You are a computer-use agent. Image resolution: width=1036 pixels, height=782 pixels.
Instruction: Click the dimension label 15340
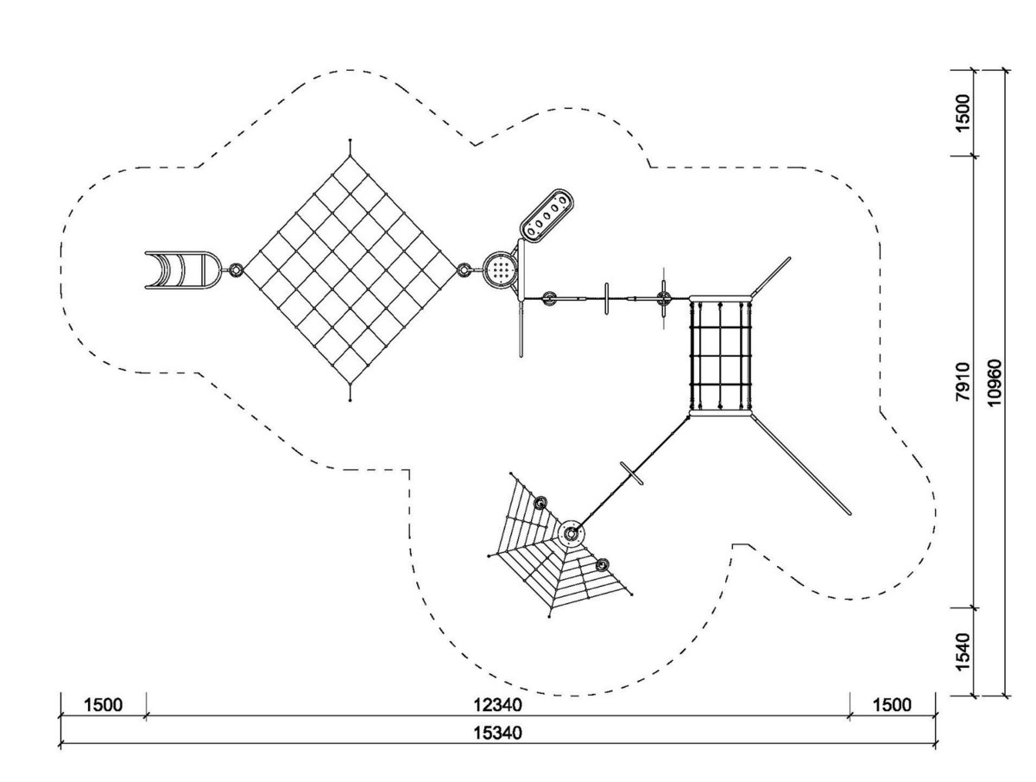click(498, 733)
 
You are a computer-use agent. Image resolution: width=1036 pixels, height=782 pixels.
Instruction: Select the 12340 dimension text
click(498, 705)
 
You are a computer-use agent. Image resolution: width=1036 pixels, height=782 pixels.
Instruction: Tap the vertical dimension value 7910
click(963, 382)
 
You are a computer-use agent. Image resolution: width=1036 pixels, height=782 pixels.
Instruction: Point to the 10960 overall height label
click(993, 383)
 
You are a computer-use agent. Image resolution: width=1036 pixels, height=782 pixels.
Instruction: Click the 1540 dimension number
click(963, 652)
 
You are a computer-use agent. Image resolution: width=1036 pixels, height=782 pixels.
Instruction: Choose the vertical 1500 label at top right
click(963, 113)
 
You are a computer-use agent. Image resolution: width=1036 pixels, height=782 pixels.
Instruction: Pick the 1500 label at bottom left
click(103, 705)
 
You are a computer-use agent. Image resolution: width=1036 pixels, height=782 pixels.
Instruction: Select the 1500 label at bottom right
click(892, 705)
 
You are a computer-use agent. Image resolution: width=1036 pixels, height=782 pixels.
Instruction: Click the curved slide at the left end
click(182, 270)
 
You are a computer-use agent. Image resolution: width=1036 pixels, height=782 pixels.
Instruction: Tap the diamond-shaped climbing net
click(350, 270)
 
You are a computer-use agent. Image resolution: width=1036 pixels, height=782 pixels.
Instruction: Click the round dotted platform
click(500, 270)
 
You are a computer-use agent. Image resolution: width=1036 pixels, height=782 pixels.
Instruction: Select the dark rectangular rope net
click(720, 356)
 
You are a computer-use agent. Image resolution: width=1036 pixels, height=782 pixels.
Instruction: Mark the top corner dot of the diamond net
click(350, 140)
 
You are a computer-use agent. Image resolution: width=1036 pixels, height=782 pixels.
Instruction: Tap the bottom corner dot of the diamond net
click(350, 400)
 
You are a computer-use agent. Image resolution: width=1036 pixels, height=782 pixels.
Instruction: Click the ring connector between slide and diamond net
click(236, 270)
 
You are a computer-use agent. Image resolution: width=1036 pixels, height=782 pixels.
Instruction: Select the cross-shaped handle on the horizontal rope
click(664, 298)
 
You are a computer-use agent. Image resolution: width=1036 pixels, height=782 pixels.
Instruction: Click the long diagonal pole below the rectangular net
click(801, 464)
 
